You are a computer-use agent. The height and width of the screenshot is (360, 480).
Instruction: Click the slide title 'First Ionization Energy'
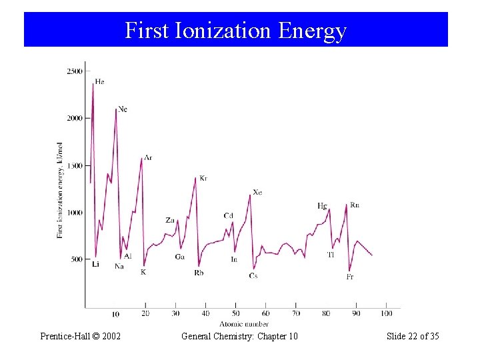coord(235,31)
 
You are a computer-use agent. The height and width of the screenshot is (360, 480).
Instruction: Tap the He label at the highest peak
coord(99,81)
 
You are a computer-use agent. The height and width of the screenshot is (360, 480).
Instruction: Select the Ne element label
coord(123,109)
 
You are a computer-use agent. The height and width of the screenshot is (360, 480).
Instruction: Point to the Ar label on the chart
coord(147,157)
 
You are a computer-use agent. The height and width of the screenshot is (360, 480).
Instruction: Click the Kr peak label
coord(203,178)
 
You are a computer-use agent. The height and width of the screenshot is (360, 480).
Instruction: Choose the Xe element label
coord(257,192)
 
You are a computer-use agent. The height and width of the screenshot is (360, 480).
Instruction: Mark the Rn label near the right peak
coord(354,205)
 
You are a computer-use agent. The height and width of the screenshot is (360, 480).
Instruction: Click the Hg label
coord(322,205)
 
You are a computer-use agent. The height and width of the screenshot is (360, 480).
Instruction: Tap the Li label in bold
coord(95,264)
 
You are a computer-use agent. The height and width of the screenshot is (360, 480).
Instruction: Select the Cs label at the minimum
coord(253,275)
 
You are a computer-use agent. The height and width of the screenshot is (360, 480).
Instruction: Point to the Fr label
coord(349,277)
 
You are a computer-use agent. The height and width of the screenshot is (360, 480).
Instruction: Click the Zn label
coord(170,220)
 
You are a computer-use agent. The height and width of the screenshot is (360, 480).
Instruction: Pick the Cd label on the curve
coord(228,215)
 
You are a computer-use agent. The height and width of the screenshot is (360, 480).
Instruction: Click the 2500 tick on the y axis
coord(74,71)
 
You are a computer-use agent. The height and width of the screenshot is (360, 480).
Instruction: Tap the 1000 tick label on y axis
coord(74,213)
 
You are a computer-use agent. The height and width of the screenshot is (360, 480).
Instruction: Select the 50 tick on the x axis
coord(235,313)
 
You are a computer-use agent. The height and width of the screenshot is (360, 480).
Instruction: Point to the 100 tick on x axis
coord(386,313)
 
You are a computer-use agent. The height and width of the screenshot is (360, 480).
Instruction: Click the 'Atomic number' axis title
coord(247,324)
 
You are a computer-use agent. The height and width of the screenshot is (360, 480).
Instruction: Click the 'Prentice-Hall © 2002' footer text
coord(80,336)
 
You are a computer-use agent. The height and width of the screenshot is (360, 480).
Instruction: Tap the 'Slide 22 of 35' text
coord(413,336)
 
